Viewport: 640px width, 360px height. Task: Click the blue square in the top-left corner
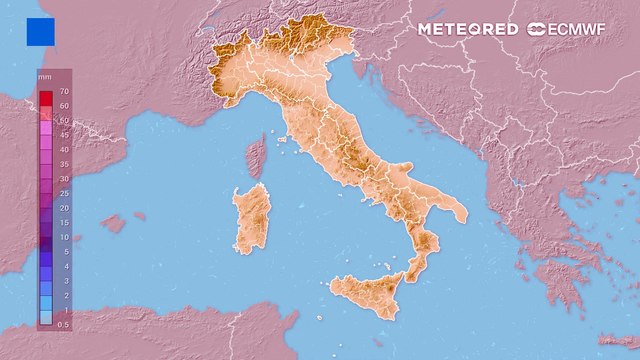tap(41, 32)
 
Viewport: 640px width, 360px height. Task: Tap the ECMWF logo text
tap(576, 29)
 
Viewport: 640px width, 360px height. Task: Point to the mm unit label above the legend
tap(45, 76)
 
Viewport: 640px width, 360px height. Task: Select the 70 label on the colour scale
tap(63, 92)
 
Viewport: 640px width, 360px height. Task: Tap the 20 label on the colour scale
tap(63, 207)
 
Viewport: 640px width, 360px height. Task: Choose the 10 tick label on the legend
tap(63, 237)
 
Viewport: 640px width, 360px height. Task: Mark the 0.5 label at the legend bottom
tap(64, 325)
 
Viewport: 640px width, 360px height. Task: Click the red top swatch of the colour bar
tap(46, 97)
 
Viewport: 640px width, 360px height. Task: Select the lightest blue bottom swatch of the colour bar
tap(46, 318)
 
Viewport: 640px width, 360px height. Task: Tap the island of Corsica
tap(256, 156)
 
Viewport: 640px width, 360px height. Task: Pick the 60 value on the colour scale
tap(63, 105)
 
